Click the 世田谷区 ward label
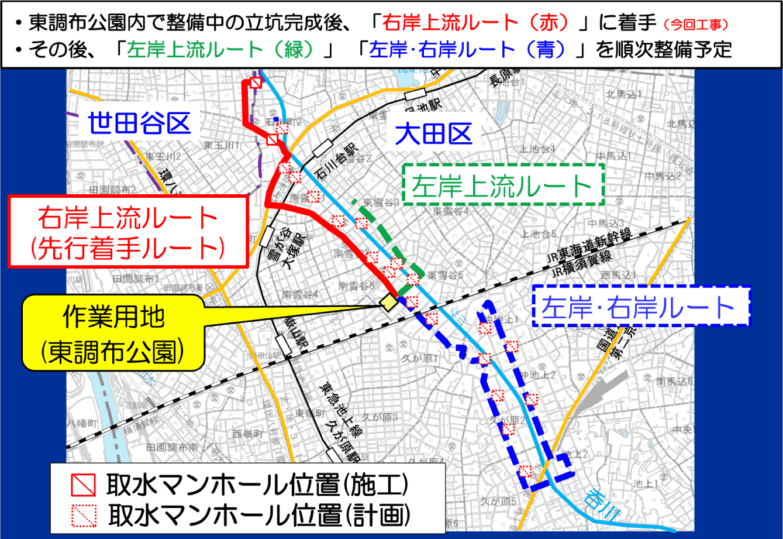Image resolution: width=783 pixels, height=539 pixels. (x=140, y=123)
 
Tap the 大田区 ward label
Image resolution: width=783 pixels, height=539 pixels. (x=433, y=135)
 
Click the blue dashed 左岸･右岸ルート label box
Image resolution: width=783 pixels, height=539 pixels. (x=641, y=306)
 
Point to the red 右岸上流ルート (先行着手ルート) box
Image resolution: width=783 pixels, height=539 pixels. (x=127, y=231)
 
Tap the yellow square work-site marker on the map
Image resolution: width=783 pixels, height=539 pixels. (x=387, y=303)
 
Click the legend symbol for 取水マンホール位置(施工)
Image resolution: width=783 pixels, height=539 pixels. (x=82, y=485)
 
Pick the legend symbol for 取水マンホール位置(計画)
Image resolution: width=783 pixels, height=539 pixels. (x=82, y=514)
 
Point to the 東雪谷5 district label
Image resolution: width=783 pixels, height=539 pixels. (x=445, y=274)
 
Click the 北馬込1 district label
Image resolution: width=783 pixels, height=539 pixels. (x=624, y=94)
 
